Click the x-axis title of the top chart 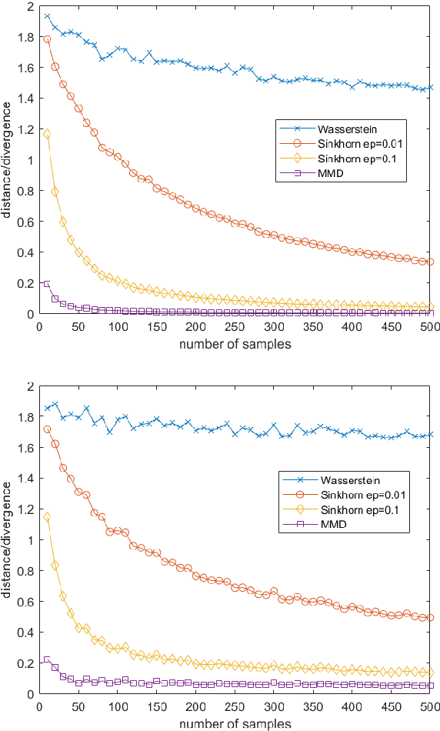click(x=235, y=344)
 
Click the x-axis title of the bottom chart click(x=235, y=723)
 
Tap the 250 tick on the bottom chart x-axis click(x=235, y=707)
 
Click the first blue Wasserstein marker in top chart click(x=47, y=16)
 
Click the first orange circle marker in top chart click(x=47, y=39)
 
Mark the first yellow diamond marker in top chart click(x=47, y=134)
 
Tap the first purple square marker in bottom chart click(x=47, y=659)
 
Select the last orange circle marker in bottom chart click(x=430, y=617)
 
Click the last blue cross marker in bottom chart click(x=430, y=434)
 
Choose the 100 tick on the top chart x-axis click(x=118, y=327)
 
